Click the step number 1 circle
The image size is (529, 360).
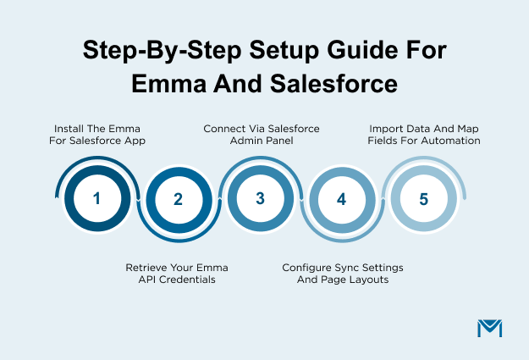tap(96, 199)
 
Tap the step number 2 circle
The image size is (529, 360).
tap(179, 200)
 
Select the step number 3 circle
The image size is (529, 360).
tap(260, 199)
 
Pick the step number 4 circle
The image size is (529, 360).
tap(341, 200)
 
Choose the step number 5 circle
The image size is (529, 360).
tap(423, 199)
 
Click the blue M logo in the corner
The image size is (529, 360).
tap(490, 330)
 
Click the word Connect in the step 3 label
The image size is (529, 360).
tap(223, 129)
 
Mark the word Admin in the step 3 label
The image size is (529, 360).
tap(245, 141)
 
